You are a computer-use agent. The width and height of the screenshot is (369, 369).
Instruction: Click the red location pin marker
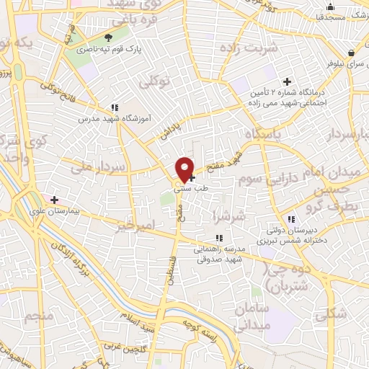click(185, 169)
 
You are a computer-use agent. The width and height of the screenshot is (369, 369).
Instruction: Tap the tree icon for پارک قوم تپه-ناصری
click(109, 37)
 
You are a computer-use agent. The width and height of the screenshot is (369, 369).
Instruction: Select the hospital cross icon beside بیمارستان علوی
click(54, 199)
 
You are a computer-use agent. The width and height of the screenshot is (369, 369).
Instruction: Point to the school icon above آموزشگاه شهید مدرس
click(115, 107)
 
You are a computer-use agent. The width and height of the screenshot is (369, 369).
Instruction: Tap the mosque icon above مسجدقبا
click(330, 6)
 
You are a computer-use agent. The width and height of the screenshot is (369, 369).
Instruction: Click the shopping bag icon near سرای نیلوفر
click(351, 53)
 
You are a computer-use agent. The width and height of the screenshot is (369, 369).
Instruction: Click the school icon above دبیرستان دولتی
click(291, 220)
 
